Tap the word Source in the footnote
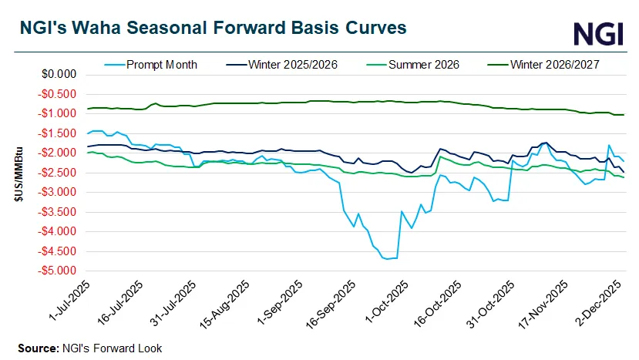click(37, 348)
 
